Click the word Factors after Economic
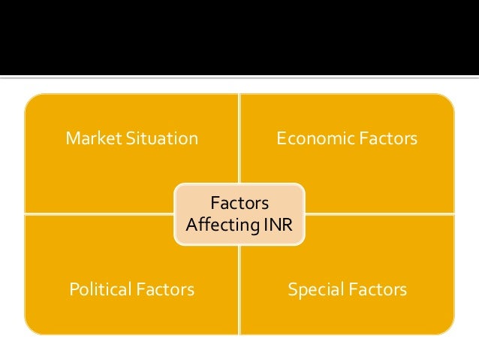383,139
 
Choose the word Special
314,289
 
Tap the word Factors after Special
375,289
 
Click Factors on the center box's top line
239,203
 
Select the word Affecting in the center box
219,224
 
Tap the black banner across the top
239,38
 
